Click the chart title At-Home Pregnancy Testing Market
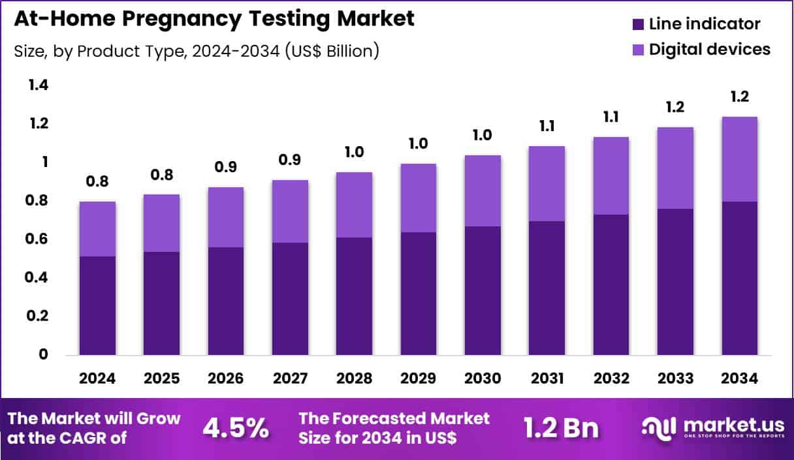click(x=214, y=19)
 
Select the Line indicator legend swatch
click(x=638, y=25)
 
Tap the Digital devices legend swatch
click(x=638, y=50)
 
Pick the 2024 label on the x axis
click(x=97, y=379)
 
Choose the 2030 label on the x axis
click(x=483, y=379)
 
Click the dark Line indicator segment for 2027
click(x=290, y=299)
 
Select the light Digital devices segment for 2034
click(x=740, y=159)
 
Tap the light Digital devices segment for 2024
click(x=97, y=229)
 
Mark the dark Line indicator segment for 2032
click(x=611, y=284)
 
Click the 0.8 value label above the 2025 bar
click(x=161, y=175)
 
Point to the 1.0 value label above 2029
click(x=419, y=144)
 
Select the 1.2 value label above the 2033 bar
click(x=676, y=108)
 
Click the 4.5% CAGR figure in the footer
click(x=236, y=428)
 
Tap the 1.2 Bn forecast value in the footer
click(x=561, y=428)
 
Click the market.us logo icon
click(x=660, y=427)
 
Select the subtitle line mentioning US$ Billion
click(x=197, y=51)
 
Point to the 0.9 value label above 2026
click(x=226, y=168)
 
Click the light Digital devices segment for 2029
click(x=419, y=198)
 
